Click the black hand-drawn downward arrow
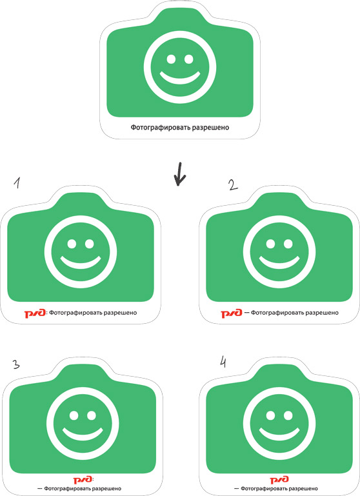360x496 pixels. coord(180,174)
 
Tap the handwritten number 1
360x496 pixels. coord(17,183)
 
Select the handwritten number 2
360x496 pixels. coord(234,185)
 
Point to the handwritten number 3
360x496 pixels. coord(16,364)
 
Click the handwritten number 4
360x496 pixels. coord(223,362)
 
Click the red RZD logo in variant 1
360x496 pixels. coord(35,313)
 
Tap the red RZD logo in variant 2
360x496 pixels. coord(232,313)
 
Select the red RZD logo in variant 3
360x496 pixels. coord(83,479)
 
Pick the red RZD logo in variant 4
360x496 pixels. coord(279,479)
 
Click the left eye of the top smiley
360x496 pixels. coord(171,59)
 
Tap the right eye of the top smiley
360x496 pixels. coord(189,59)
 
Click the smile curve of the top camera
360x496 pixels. coord(180,79)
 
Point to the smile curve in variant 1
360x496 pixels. coord(81,264)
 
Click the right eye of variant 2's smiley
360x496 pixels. coord(288,244)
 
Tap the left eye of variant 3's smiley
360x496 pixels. coord(74,415)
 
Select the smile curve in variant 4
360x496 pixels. coord(279,435)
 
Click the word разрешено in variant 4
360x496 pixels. coord(303,489)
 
